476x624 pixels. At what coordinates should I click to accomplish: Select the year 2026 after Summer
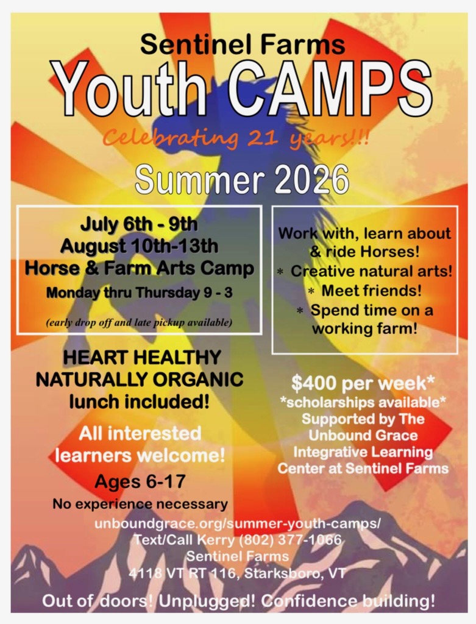coord(311,180)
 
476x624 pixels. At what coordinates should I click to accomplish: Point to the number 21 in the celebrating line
coord(261,138)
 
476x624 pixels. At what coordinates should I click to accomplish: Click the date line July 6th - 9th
coord(139,224)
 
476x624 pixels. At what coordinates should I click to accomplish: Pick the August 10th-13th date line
coord(139,246)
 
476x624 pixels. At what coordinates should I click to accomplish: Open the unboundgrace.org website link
coord(238,523)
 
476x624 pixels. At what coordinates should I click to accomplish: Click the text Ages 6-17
coord(140,482)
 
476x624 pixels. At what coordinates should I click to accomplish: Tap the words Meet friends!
coord(371,291)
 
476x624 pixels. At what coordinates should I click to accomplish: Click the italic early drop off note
coord(139,322)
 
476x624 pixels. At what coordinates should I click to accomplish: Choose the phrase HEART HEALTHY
coord(142,357)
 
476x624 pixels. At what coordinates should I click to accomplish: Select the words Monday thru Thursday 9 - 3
coord(140,293)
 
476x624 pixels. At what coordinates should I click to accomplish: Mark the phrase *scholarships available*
coord(363,402)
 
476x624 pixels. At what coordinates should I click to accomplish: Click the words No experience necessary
coord(140,504)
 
